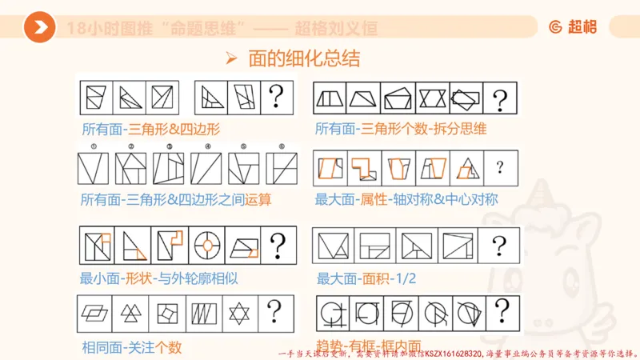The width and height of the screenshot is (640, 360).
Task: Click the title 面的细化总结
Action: click(304, 58)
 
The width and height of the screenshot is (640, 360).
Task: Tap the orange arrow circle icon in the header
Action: click(39, 28)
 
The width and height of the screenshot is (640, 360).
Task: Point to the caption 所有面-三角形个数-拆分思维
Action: click(401, 129)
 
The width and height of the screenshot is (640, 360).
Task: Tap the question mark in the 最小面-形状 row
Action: click(277, 245)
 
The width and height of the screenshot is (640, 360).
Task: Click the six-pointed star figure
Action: click(240, 312)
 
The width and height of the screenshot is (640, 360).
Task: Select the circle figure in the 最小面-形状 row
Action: click(206, 245)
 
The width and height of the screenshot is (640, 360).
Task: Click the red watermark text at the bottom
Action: click(456, 353)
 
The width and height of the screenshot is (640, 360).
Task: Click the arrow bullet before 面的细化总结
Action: click(232, 58)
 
